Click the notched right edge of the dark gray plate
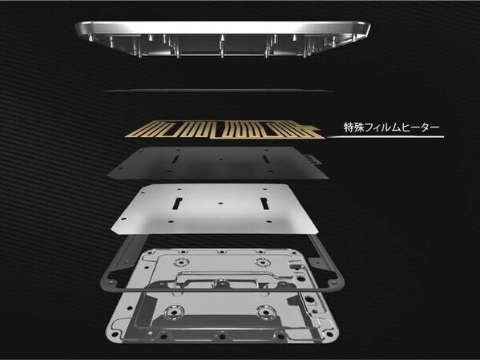316,160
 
